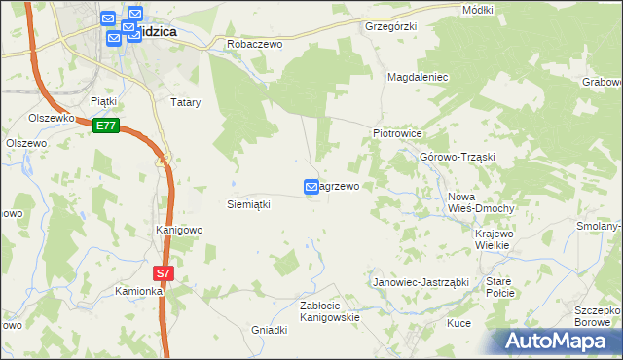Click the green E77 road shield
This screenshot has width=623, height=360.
coord(106,126)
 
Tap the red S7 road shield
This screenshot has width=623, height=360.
coord(164,274)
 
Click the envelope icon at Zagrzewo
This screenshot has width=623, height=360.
coord(311,186)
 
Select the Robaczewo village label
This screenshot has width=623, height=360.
coord(254,44)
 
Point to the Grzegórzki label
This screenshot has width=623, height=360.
coord(390,26)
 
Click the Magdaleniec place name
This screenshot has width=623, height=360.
coord(418,76)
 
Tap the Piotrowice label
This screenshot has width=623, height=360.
coord(397,133)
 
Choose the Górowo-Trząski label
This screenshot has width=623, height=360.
coord(458,158)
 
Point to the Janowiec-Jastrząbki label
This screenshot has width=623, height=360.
coord(421,282)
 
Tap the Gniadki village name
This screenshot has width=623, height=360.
coord(270,330)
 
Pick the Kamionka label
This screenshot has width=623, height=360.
coord(137,291)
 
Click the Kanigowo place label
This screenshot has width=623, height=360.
coord(179,231)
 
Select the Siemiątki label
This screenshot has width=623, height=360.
coord(248,204)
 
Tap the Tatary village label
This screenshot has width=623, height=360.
coord(186,101)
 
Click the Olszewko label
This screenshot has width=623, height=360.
coord(53,118)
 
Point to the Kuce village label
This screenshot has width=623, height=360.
coord(458,323)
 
